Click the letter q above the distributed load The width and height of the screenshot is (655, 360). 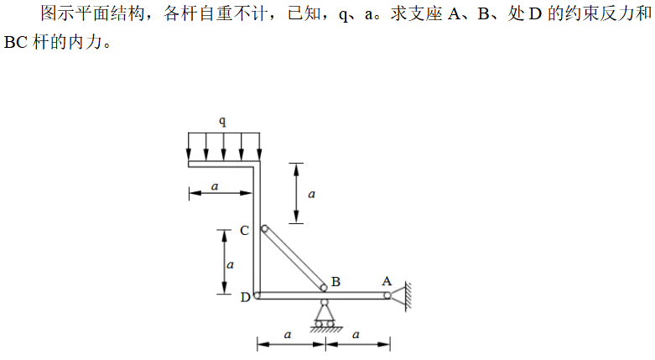coord(222,121)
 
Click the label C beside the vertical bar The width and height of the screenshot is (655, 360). coord(243,230)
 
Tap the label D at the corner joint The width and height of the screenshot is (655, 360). coord(244,296)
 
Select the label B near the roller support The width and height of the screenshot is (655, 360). coord(335,281)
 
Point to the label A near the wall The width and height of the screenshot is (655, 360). coord(387,280)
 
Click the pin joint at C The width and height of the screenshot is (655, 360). coord(264,228)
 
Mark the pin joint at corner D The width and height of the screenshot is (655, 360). coord(257,295)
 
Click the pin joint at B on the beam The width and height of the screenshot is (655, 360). coord(325,289)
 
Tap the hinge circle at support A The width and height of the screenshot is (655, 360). coord(387,295)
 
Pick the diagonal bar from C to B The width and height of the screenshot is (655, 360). coord(294,258)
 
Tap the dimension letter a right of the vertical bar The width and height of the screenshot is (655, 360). coord(311,193)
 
